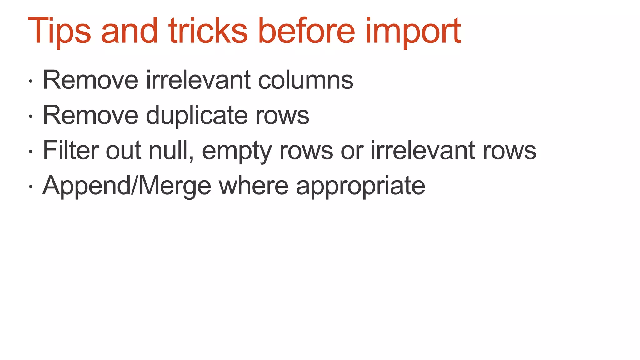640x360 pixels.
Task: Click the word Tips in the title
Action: click(x=59, y=31)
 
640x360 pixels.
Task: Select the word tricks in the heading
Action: click(x=208, y=31)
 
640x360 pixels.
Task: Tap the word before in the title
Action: click(x=307, y=31)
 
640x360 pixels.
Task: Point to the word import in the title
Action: click(x=413, y=31)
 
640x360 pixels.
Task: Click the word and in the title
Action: click(x=129, y=31)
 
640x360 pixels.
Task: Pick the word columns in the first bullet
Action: click(x=305, y=80)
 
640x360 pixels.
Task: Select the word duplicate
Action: click(x=197, y=115)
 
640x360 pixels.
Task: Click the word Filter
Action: click(x=71, y=151)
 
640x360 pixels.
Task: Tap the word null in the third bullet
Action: click(x=170, y=151)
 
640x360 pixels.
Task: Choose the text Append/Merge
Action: click(x=127, y=186)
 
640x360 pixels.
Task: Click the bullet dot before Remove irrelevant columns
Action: click(x=30, y=81)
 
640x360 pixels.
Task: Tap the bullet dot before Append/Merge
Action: click(x=30, y=187)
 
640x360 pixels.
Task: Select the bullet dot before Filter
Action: click(x=30, y=152)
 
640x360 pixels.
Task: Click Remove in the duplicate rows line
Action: click(x=90, y=115)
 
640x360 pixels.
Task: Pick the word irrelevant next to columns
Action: click(x=198, y=80)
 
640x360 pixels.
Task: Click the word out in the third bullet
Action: click(x=123, y=151)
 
